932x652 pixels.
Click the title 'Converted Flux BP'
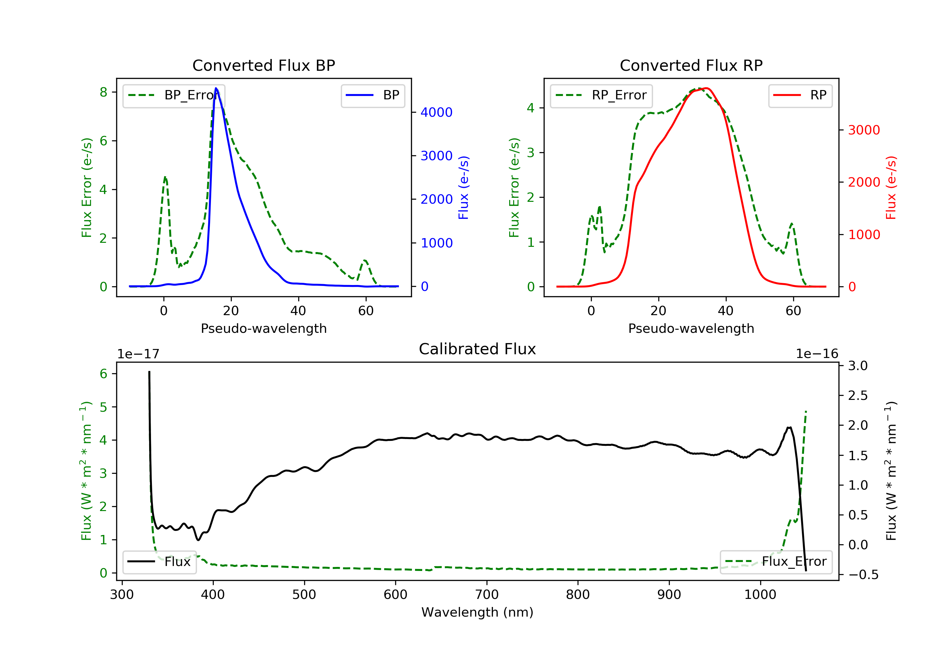(x=263, y=65)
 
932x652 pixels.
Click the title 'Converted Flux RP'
(x=691, y=65)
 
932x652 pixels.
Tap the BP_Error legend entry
(x=174, y=95)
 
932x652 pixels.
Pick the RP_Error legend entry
(x=601, y=95)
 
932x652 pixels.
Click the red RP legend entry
(x=800, y=95)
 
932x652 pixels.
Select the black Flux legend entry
(x=160, y=562)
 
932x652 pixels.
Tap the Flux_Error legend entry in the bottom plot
(x=776, y=562)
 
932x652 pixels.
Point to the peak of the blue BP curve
(x=216, y=88)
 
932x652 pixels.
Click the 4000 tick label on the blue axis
(x=436, y=112)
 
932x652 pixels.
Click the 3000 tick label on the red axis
(x=864, y=130)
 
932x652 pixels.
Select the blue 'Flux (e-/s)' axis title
(x=464, y=188)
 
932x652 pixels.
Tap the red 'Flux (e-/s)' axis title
(x=891, y=188)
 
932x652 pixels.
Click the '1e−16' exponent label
(x=817, y=354)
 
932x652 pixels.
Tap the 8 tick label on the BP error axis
(x=103, y=93)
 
